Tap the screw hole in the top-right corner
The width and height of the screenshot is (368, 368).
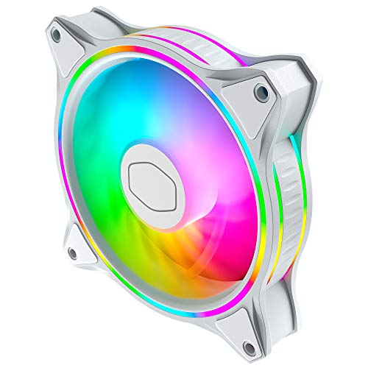(x=261, y=92)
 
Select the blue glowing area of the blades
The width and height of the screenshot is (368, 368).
(x=118, y=125)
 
